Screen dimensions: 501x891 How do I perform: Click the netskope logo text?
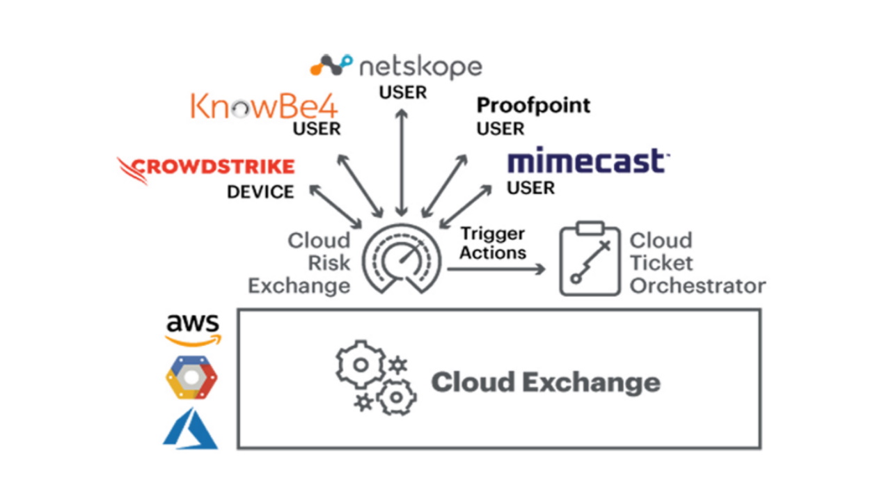coord(420,67)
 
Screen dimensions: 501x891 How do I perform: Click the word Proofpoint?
coord(533,105)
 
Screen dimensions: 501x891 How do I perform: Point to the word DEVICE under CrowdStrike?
coord(260,192)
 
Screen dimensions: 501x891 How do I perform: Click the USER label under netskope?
coord(402,92)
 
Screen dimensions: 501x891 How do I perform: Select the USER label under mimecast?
coord(530,188)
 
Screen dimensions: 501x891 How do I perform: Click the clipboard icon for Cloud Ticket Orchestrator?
coord(590,260)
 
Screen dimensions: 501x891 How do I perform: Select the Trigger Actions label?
coord(492,243)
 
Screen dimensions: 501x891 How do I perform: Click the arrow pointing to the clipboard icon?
coord(496,269)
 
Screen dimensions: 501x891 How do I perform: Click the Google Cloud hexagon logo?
coord(191,378)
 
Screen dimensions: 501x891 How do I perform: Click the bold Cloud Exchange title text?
coord(546,382)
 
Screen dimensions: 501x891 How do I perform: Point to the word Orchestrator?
coord(697,285)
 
